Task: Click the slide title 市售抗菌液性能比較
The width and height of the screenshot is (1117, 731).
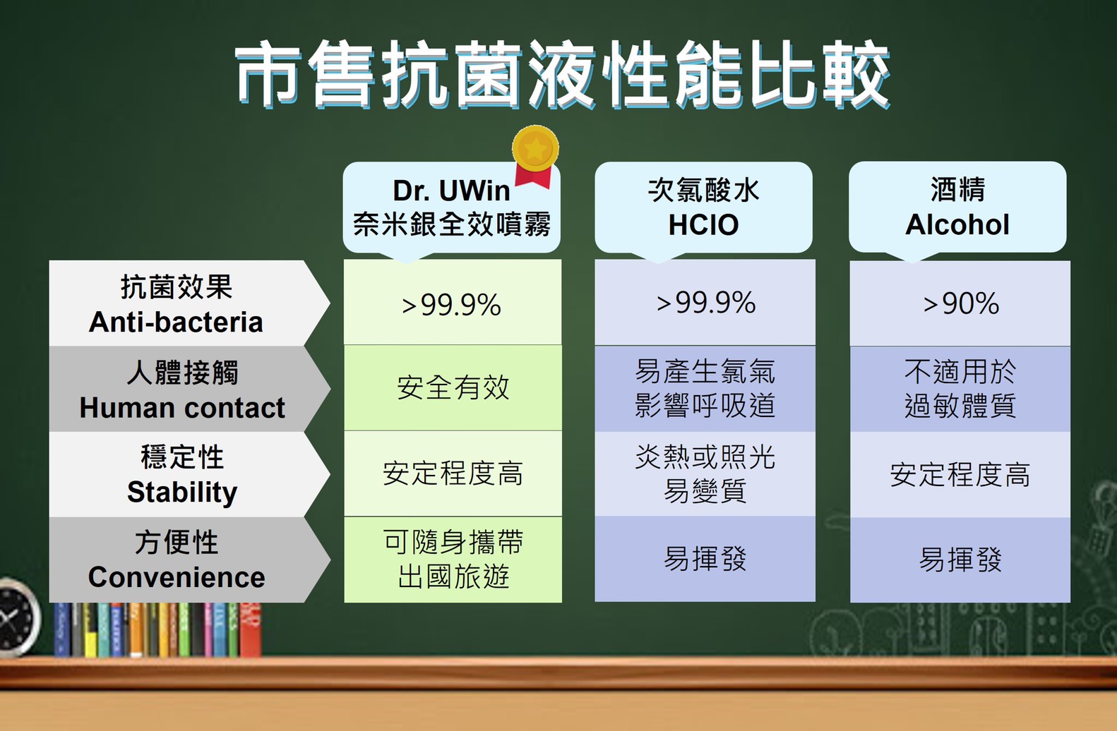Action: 563,74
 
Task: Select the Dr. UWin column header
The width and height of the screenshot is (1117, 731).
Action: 452,207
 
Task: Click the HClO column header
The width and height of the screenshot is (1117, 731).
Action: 704,207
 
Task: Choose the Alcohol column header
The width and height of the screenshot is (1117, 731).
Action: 957,207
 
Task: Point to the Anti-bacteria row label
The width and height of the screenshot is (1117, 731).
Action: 189,303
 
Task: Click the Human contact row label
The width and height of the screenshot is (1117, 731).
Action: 189,389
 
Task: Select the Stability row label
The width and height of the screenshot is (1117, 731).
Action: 189,474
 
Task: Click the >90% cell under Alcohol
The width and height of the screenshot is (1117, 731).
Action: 960,303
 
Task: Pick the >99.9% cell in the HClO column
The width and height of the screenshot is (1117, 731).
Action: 705,303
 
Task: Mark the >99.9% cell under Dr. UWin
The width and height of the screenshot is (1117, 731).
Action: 453,302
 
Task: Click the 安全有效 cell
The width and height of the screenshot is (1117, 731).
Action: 453,387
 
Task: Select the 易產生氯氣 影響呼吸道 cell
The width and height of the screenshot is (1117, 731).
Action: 705,389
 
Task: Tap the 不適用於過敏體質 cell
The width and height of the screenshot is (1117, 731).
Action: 960,389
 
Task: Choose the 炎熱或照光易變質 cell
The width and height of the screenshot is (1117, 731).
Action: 705,474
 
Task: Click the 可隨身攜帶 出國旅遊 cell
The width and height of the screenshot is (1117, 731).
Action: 453,560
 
